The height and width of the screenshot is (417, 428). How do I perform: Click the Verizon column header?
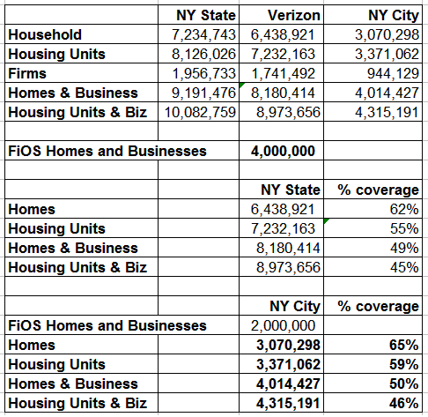294,15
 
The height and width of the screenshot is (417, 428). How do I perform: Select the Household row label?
45,34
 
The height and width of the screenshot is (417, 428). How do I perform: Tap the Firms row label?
27,73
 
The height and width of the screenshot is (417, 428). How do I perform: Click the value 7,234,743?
203,34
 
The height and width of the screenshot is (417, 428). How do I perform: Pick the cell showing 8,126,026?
203,54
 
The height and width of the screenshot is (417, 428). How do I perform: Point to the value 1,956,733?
204,73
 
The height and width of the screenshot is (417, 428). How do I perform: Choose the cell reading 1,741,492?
284,73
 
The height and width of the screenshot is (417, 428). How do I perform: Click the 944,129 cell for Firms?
393,73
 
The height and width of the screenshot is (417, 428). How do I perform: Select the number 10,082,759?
200,112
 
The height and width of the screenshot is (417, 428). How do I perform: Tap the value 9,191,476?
203,93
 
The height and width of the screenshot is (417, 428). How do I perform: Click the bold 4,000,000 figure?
283,151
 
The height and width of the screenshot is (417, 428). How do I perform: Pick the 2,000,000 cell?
283,325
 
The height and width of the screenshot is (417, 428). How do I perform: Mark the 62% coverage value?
404,209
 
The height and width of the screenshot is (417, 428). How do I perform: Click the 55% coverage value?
404,228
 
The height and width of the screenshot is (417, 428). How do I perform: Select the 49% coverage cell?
404,248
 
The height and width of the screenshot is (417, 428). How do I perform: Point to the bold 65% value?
404,345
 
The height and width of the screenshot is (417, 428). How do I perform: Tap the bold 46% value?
404,403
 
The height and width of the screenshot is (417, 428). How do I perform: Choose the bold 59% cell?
404,364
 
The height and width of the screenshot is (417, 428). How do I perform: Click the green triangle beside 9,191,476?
241,85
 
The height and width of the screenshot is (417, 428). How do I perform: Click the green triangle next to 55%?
326,220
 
